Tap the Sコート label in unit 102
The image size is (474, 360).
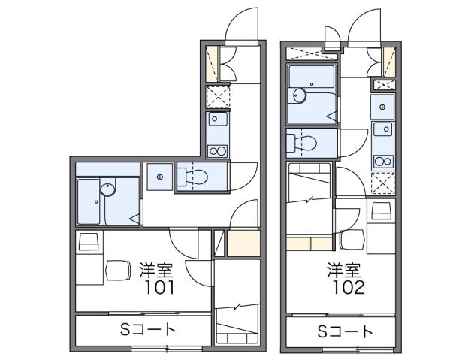point(345,331)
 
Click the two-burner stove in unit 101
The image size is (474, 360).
point(217,151)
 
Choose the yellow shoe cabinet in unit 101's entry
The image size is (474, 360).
point(211,63)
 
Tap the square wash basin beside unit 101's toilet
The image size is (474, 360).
point(159,177)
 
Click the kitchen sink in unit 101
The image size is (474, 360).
point(217,119)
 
